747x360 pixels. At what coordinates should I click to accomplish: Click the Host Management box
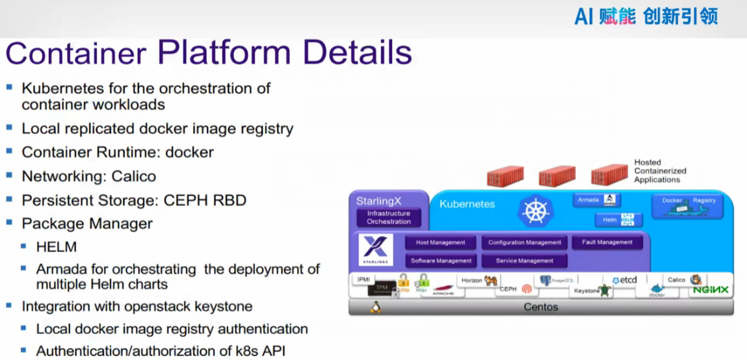441,242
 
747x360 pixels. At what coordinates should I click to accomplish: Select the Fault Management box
607,242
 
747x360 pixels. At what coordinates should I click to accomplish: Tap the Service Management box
525,261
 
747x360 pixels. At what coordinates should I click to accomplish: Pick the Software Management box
441,261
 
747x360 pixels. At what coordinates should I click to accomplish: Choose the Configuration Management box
525,242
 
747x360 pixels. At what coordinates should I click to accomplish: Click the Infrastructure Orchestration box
389,218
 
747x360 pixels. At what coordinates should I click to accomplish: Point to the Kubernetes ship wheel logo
536,211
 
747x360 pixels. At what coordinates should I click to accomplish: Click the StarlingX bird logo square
375,250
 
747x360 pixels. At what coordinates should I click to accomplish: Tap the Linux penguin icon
375,307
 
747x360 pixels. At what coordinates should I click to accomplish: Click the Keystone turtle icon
606,290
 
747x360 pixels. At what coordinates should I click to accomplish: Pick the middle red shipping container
557,175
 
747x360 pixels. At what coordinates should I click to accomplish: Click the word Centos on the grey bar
541,307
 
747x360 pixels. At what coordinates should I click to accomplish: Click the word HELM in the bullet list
57,247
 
